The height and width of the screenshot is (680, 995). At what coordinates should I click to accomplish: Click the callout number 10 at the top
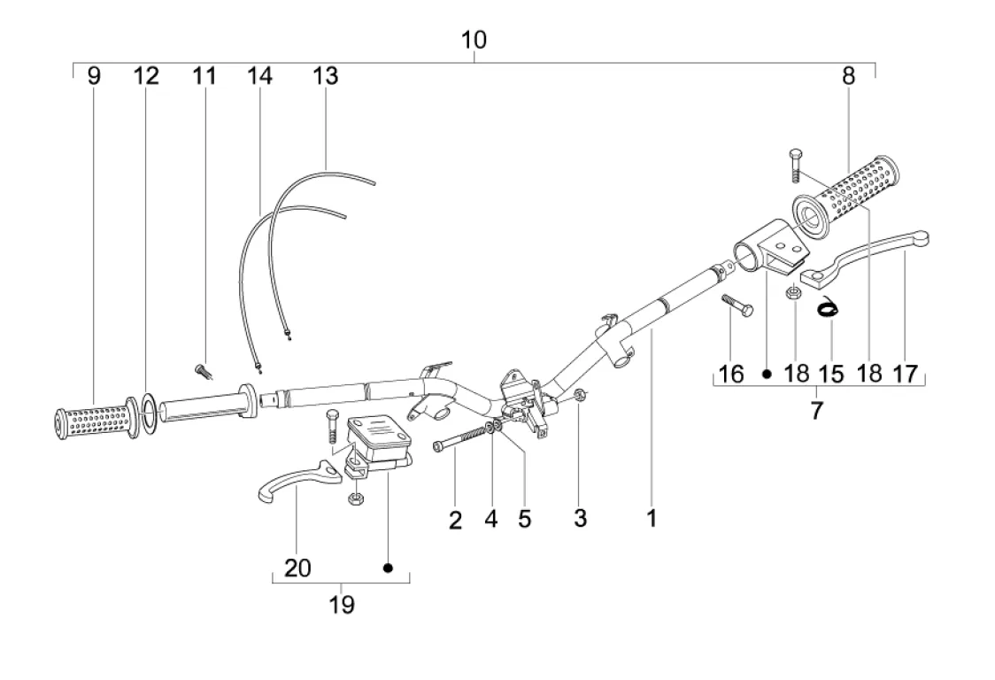[474, 40]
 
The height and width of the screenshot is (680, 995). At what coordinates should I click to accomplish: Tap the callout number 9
[94, 76]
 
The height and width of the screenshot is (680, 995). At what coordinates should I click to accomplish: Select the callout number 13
[326, 76]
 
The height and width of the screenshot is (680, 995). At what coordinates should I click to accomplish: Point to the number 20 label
[297, 568]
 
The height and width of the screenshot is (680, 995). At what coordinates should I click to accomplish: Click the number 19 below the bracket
[342, 605]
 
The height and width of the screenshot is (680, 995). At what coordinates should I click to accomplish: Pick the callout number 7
[817, 411]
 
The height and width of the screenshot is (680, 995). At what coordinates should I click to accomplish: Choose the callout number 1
[652, 519]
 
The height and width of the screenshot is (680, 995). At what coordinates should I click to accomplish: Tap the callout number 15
[831, 374]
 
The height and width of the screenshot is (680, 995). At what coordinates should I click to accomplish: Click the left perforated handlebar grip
[96, 419]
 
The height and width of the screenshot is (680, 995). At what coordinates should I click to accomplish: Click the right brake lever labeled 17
[866, 259]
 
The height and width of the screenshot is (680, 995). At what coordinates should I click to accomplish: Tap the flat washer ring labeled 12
[150, 414]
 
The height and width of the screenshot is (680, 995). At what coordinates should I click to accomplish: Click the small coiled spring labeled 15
[829, 309]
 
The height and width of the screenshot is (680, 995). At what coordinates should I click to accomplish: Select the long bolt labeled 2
[465, 438]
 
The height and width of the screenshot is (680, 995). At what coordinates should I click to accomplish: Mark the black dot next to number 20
[389, 568]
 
